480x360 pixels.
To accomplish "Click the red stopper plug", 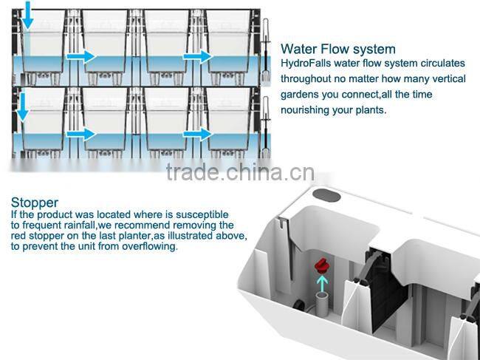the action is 321,266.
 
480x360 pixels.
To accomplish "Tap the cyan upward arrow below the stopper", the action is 322,283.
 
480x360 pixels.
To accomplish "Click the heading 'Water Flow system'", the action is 338,49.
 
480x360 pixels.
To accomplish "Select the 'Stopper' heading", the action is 35,203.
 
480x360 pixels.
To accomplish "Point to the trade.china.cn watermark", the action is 240,172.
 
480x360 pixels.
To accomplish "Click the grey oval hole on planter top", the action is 326,195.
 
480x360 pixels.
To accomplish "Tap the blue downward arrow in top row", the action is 27,15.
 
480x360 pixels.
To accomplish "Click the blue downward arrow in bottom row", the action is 22,106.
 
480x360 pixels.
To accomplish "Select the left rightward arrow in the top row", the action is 80,57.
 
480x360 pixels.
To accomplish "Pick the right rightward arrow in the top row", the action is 197,56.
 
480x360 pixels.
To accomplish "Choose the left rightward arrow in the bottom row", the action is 80,135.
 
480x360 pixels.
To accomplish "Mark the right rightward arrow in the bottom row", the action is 197,135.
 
